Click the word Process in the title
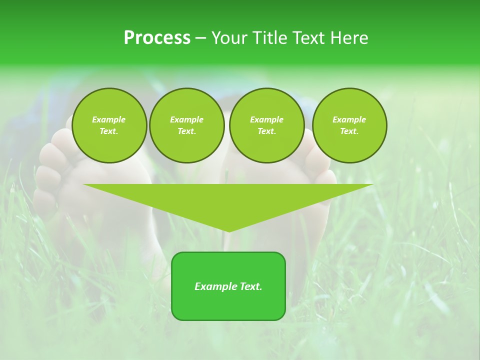[157, 38]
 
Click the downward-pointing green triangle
[228, 200]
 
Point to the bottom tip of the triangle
[228, 230]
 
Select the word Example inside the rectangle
[216, 286]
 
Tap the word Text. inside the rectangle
[250, 286]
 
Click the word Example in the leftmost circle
[109, 119]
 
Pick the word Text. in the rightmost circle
[349, 131]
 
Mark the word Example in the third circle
[267, 119]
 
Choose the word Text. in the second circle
[187, 131]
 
